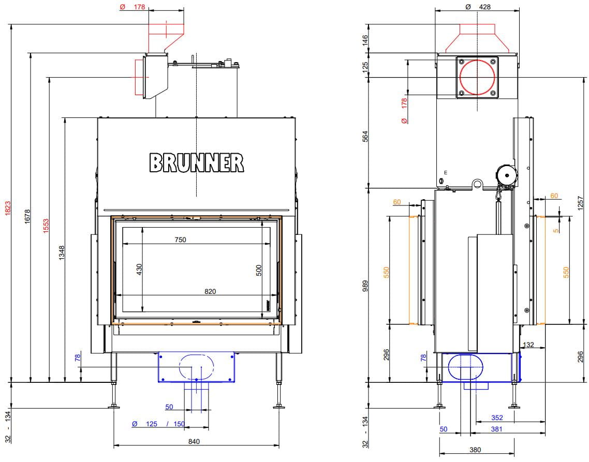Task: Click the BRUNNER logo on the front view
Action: pyautogui.click(x=197, y=162)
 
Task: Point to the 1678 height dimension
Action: pyautogui.click(x=27, y=217)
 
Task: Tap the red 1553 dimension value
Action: pyautogui.click(x=46, y=226)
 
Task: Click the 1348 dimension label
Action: pyautogui.click(x=62, y=253)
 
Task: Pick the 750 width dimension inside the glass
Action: pyautogui.click(x=180, y=240)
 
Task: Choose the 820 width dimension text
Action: pyautogui.click(x=210, y=291)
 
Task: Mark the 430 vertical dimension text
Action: pyautogui.click(x=139, y=270)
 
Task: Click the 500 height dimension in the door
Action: pyautogui.click(x=258, y=271)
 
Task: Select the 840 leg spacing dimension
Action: pyautogui.click(x=194, y=442)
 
